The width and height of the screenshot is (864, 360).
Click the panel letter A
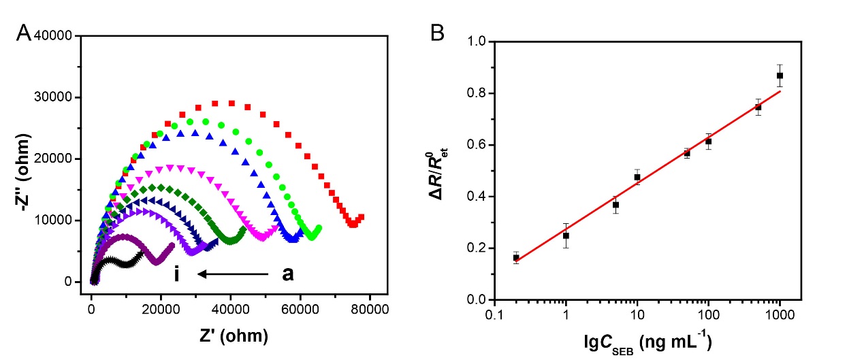[x=22, y=33]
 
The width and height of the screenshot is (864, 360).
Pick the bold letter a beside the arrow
[x=288, y=274]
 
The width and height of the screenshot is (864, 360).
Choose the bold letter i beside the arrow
[x=177, y=274]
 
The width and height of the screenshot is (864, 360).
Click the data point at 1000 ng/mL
[x=780, y=76]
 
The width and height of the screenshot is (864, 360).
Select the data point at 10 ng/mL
[x=637, y=177]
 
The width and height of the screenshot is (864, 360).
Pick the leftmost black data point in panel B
[x=516, y=257]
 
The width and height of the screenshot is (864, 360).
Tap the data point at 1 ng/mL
[x=566, y=235]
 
